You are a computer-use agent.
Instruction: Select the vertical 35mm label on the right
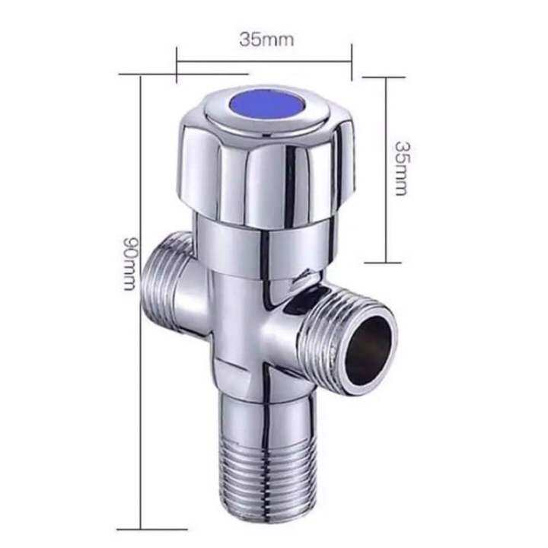(x=400, y=168)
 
